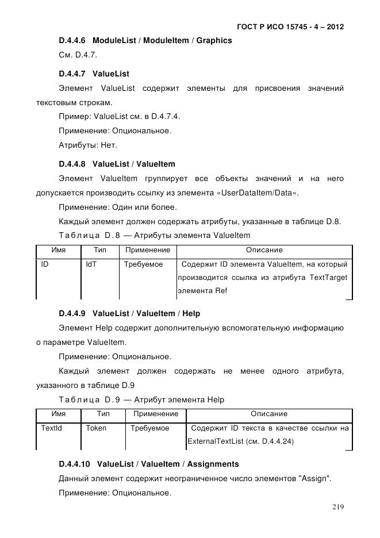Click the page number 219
[337, 506]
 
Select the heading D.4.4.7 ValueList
[94, 74]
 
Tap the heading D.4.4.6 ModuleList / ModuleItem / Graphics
[145, 41]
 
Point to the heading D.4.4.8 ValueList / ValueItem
[117, 164]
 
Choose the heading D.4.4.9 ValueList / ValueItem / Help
[129, 314]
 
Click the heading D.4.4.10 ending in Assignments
[148, 464]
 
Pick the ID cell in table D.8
[44, 265]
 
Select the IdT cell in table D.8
[91, 265]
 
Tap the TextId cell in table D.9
[52, 429]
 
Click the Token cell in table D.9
[96, 429]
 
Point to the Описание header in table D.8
[264, 251]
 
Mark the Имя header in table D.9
[59, 414]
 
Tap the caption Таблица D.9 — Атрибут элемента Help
[141, 399]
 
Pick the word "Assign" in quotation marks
[313, 479]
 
